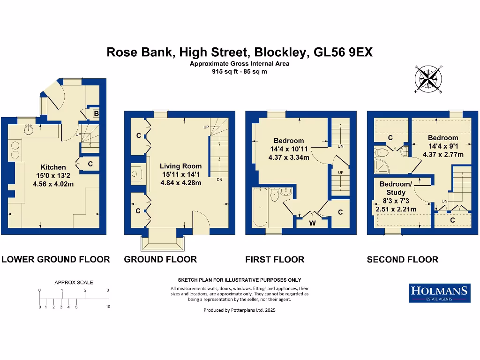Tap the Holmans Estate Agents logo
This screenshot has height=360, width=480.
pyautogui.click(x=439, y=293)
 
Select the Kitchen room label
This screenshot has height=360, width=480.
pyautogui.click(x=53, y=167)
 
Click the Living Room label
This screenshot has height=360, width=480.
pyautogui.click(x=180, y=166)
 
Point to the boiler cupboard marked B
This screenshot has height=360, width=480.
pyautogui.click(x=96, y=114)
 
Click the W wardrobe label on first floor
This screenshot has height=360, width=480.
pyautogui.click(x=312, y=223)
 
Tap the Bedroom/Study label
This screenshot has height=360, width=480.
pyautogui.click(x=396, y=188)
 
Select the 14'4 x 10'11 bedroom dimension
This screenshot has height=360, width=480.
pyautogui.click(x=289, y=149)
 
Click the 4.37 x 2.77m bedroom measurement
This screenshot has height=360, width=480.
pyautogui.click(x=443, y=155)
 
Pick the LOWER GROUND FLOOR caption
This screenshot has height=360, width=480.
pyautogui.click(x=56, y=259)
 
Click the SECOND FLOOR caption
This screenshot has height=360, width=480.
pyautogui.click(x=402, y=259)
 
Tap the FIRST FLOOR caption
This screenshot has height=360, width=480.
pyautogui.click(x=275, y=259)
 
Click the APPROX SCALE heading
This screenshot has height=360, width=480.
pyautogui.click(x=74, y=282)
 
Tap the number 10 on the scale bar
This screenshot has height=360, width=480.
pyautogui.click(x=108, y=307)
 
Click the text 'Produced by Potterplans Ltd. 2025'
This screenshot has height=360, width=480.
pyautogui.click(x=240, y=310)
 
